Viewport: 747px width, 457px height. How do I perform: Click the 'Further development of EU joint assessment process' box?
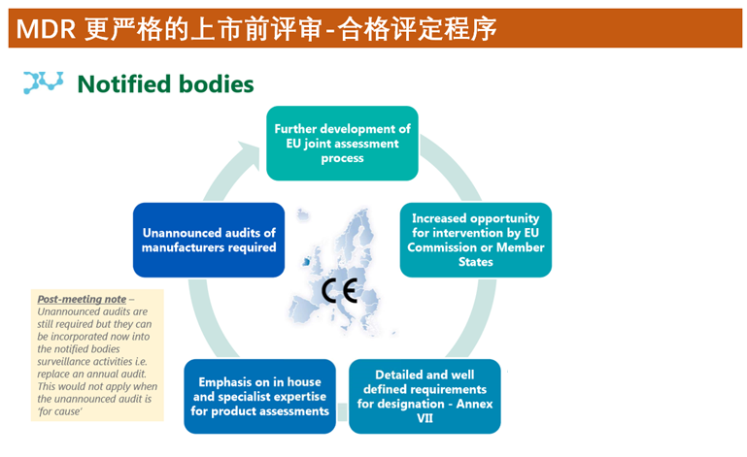click(x=342, y=144)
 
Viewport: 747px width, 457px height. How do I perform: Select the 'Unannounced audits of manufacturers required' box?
click(x=209, y=240)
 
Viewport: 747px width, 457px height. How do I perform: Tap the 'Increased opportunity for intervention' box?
click(x=475, y=240)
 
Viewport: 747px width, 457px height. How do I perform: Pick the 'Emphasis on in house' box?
click(x=259, y=396)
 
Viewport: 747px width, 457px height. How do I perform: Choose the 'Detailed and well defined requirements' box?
click(x=424, y=396)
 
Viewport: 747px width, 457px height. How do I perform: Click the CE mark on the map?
click(x=339, y=291)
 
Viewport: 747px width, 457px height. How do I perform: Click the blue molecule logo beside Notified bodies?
click(x=44, y=82)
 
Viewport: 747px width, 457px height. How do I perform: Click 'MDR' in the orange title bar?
click(x=46, y=29)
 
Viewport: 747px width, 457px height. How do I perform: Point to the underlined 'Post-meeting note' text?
click(x=82, y=300)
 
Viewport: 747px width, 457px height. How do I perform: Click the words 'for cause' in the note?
click(x=59, y=411)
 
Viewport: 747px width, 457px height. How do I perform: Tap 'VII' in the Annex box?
click(x=424, y=418)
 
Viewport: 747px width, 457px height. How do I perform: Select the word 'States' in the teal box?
click(x=475, y=262)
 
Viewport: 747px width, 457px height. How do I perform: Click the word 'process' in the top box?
click(x=342, y=158)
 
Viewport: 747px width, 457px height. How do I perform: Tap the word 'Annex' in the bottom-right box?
click(x=474, y=404)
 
